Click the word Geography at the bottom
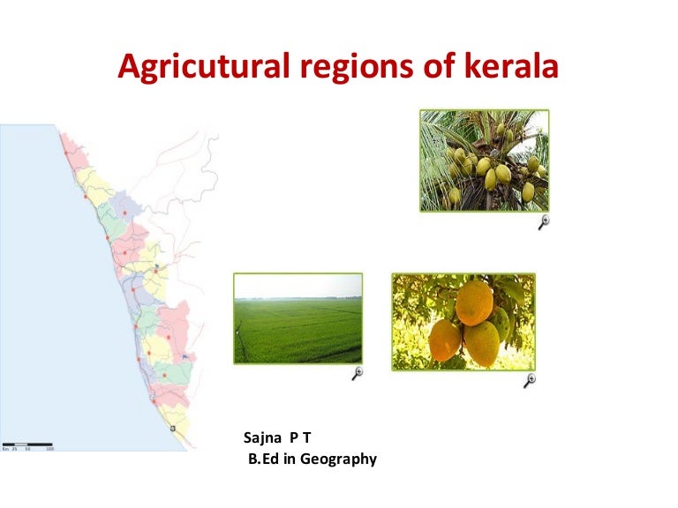[341, 459]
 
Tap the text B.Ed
[263, 459]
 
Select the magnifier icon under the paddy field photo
[358, 374]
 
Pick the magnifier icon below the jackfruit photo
[530, 381]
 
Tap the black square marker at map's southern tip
[173, 429]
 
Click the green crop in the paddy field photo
[298, 335]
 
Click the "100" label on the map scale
[49, 450]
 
